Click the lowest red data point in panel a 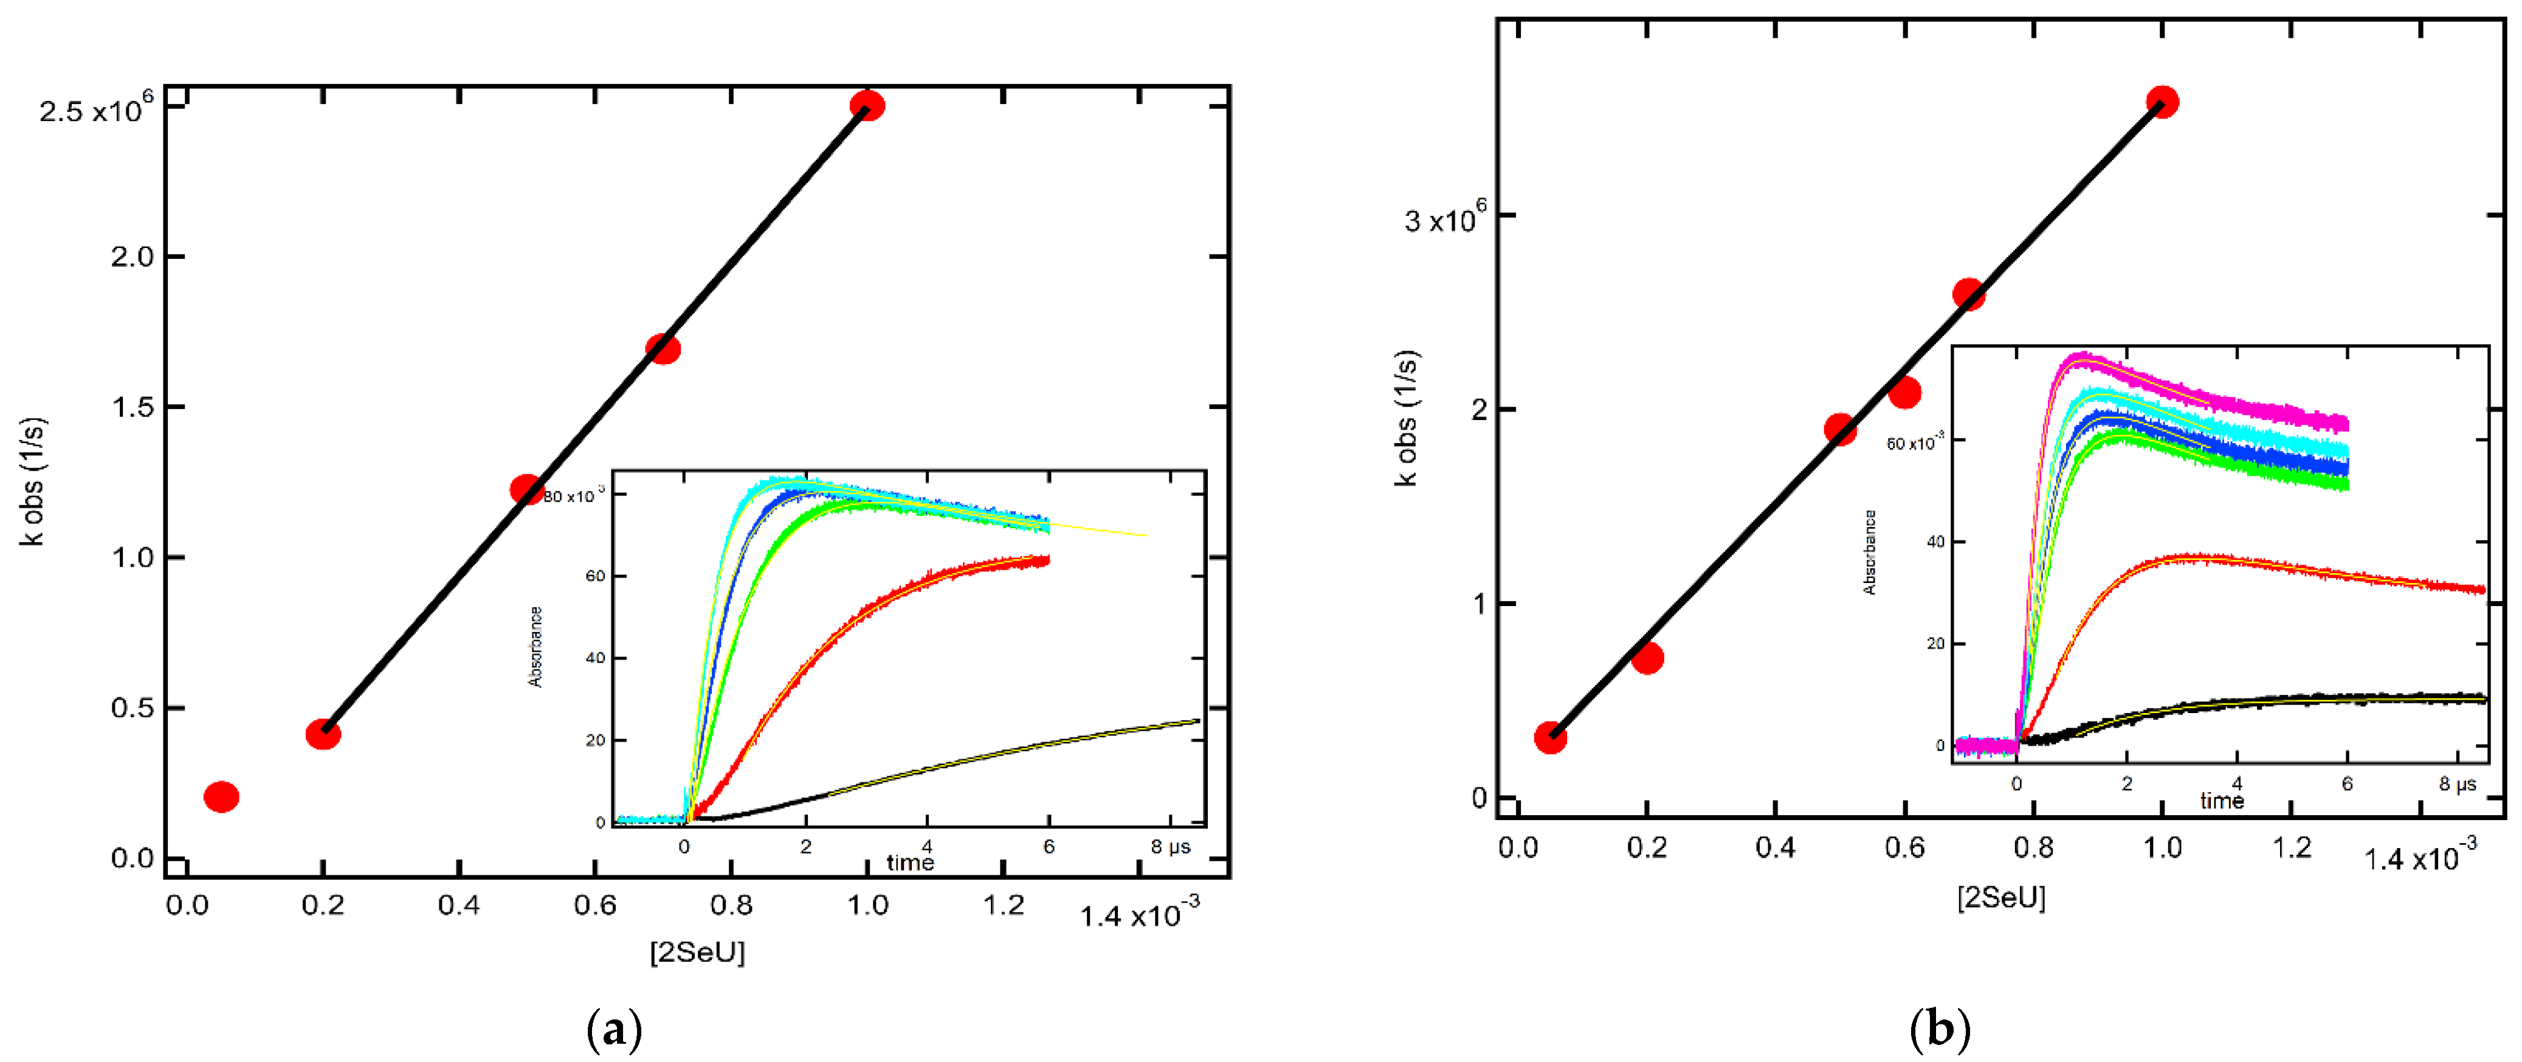221,797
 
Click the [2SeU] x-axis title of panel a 697,951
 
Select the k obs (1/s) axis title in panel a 33,481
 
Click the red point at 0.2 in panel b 1648,658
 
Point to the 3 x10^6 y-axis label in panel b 1444,217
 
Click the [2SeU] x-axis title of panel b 2001,897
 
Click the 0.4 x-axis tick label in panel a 458,905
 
